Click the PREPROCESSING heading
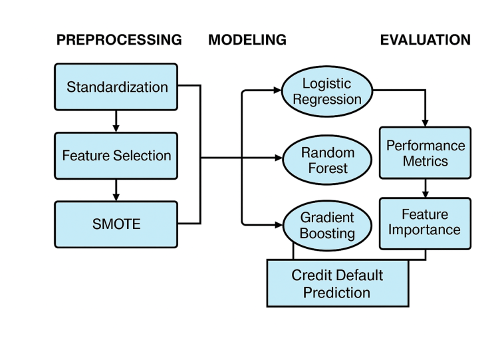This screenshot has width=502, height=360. pos(119,40)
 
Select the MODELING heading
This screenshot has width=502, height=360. pos(247,40)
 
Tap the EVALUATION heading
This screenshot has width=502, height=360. pos(425,40)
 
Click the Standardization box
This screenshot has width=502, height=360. pos(116,87)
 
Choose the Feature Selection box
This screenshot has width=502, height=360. pos(116,156)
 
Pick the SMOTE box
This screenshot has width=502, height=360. pos(116,225)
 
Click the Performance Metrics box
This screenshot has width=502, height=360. pos(425,153)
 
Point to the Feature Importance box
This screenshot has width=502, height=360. pos(425,223)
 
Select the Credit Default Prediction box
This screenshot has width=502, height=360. pos(337,283)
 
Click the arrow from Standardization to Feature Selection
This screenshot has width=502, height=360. pos(116,121)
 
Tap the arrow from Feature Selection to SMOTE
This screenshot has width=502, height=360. pos(116,190)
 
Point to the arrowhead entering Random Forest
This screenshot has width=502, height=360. pos(279,158)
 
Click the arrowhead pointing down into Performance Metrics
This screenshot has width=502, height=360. pos(425,122)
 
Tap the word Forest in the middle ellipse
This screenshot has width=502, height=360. pos(328,168)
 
